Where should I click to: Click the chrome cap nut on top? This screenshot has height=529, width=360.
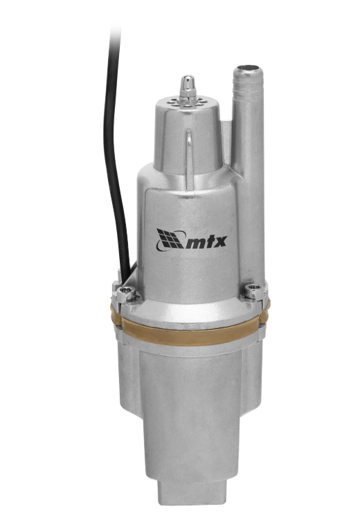(188, 87)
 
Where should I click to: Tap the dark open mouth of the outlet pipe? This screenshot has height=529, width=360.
(250, 70)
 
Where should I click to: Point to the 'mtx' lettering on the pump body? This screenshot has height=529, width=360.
(206, 242)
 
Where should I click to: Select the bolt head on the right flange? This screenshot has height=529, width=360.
(253, 289)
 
